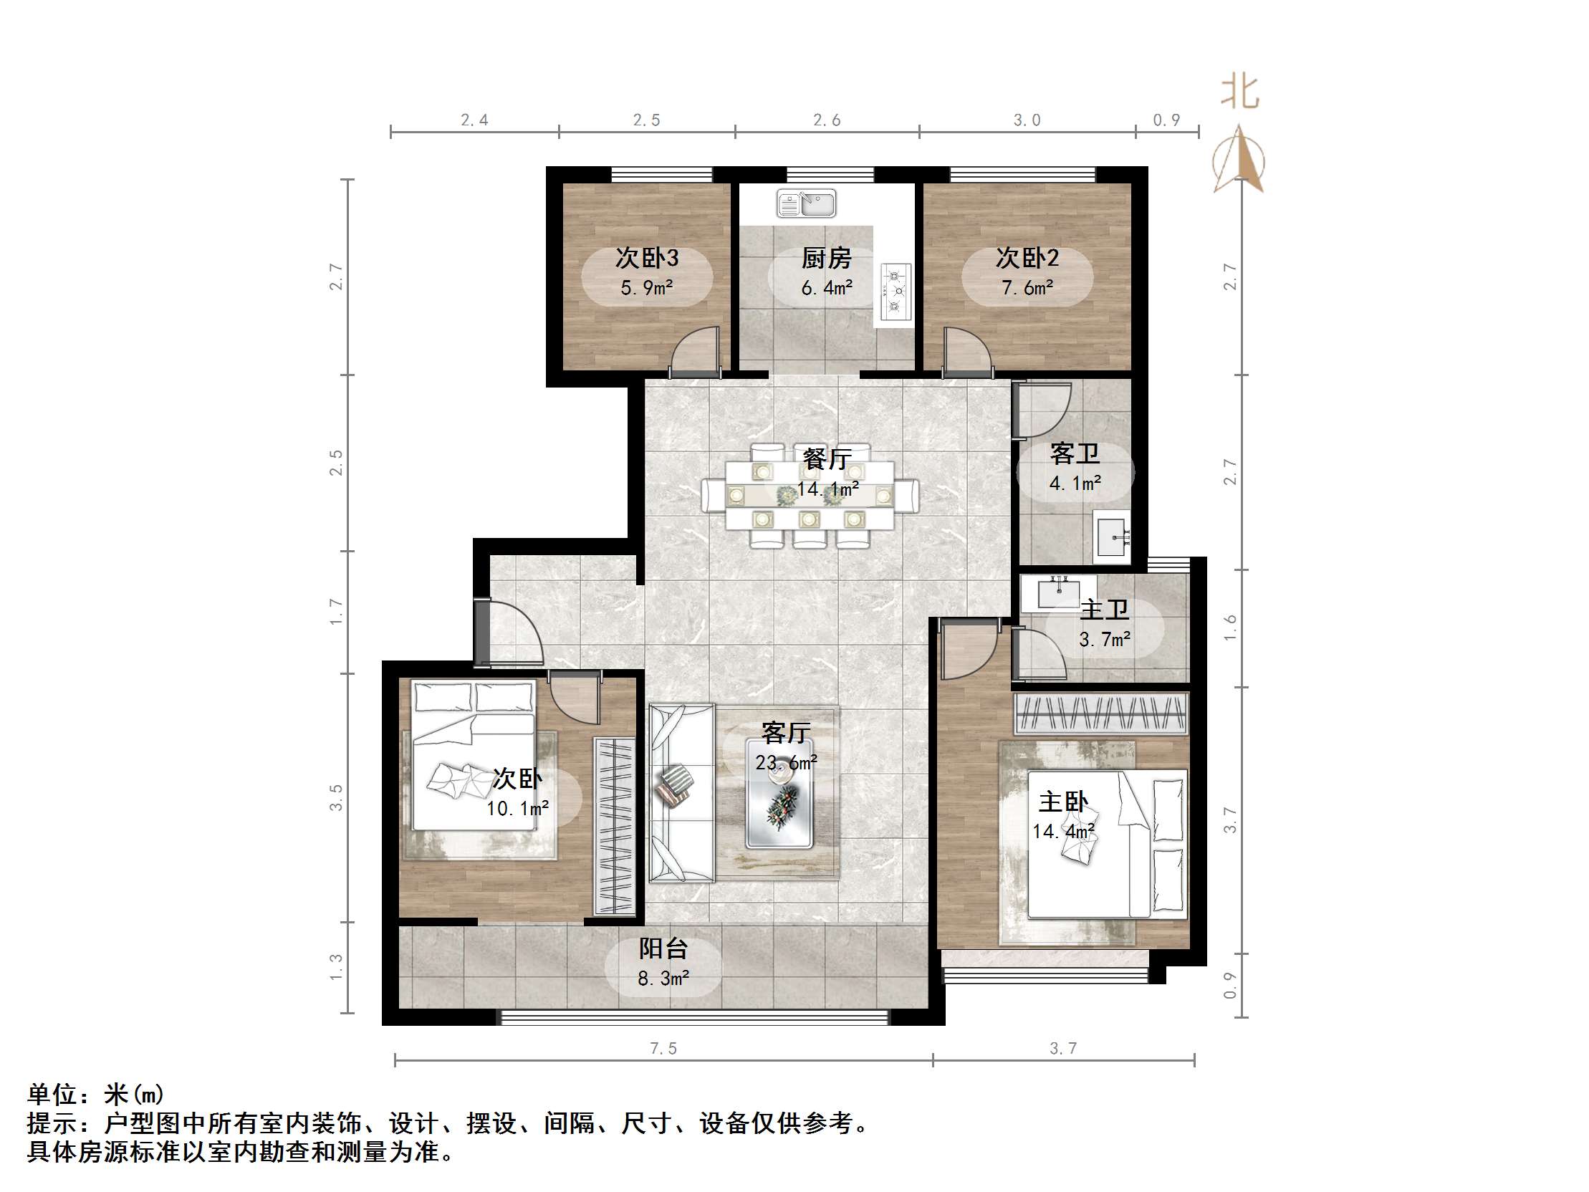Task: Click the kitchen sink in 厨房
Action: pos(806,203)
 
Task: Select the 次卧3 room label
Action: pos(646,258)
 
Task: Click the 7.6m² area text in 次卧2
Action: pos(1027,288)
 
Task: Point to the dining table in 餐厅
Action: pos(810,496)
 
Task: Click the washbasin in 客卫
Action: pos(1111,536)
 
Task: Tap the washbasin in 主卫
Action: pos(1058,592)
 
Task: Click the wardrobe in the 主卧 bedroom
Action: pos(1100,713)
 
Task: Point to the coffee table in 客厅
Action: pos(779,793)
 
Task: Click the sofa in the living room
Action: pos(681,792)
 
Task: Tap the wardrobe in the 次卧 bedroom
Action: pos(615,825)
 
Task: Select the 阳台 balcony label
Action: pos(663,948)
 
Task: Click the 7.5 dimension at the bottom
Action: pos(663,1048)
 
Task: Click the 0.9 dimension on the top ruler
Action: pos(1166,120)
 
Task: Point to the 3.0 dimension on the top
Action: pos(1027,120)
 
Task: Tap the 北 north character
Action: pos(1240,93)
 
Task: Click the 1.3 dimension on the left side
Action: pos(335,967)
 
